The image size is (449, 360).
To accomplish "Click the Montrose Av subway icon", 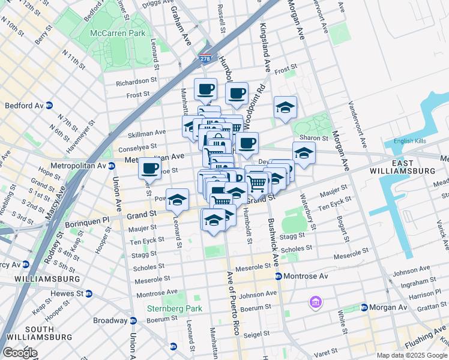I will (x=279, y=276).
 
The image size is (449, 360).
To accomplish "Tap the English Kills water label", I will (x=410, y=142).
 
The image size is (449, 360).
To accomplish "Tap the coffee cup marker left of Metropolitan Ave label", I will (x=149, y=168).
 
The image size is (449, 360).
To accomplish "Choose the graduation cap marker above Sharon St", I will (x=285, y=107).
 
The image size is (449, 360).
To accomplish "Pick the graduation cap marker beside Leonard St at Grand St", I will (x=177, y=200).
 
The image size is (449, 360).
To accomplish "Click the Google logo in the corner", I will (x=19, y=353).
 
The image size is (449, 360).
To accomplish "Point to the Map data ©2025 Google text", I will (x=412, y=355).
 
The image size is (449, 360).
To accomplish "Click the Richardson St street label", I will (x=136, y=83).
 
